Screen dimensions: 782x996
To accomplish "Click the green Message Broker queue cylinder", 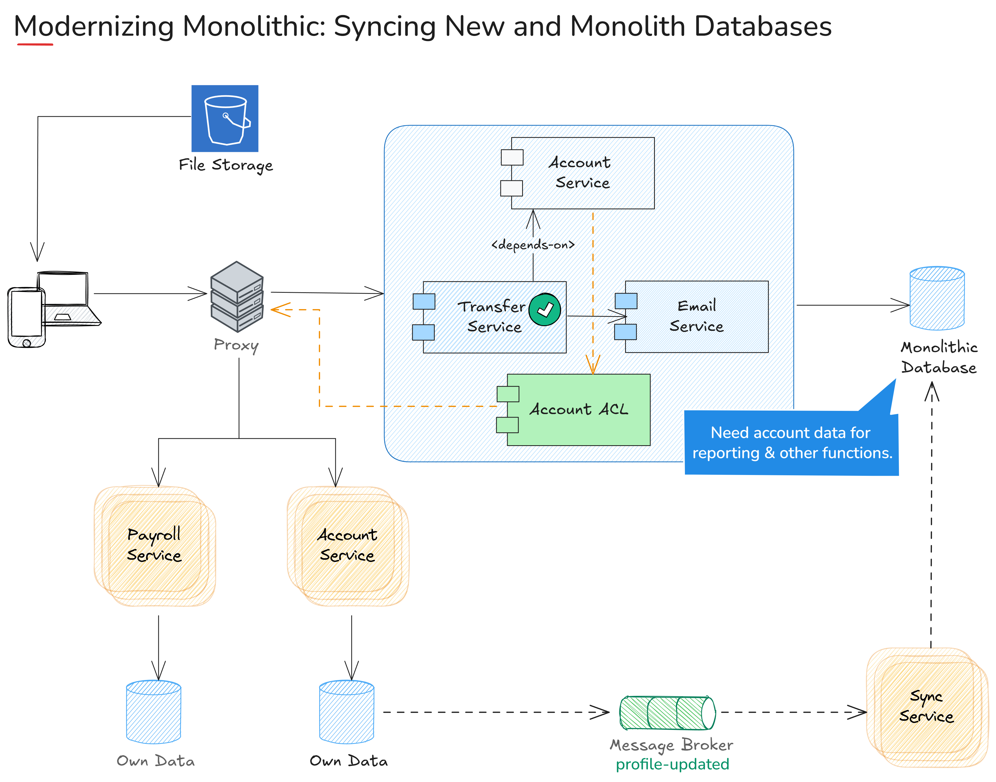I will tap(667, 712).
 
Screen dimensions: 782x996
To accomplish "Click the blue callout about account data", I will tap(791, 443).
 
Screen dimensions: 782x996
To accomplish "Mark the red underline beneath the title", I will tap(35, 44).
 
